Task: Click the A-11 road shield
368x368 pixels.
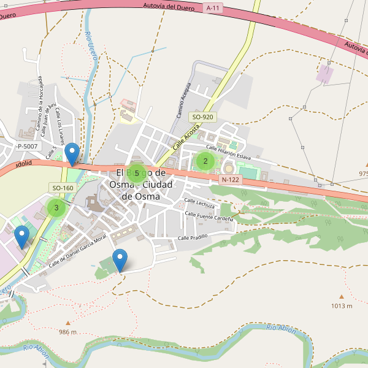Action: (213, 8)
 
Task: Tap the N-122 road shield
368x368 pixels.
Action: (229, 180)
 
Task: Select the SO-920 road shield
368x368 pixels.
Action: (202, 117)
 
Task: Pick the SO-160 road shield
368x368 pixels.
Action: (63, 188)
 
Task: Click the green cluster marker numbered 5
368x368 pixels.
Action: (136, 173)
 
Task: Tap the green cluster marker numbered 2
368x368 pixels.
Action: (205, 161)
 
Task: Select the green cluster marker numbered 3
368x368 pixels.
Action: (56, 208)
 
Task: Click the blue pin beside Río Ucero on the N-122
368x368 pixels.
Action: (72, 153)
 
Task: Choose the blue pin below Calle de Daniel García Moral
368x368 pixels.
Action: (120, 259)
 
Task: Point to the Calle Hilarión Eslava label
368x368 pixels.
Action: (228, 152)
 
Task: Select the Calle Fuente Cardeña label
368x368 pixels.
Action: (209, 217)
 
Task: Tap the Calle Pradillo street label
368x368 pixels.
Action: (193, 237)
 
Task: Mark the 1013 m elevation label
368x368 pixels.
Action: (342, 305)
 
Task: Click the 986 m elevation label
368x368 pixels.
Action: (68, 332)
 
